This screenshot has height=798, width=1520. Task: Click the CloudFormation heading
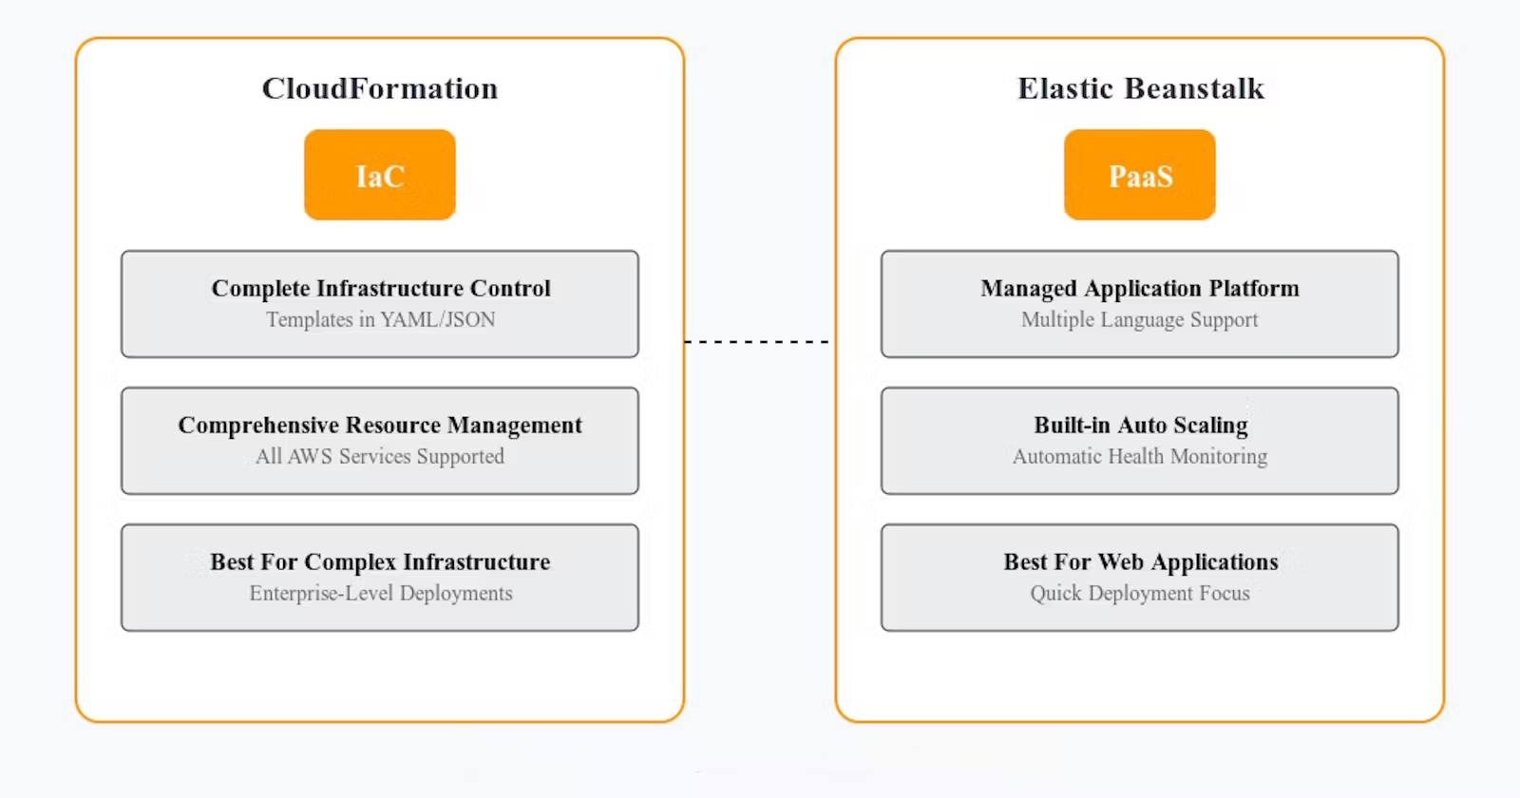point(380,89)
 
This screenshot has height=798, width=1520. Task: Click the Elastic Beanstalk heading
point(1141,89)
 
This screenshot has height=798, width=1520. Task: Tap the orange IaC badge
point(380,175)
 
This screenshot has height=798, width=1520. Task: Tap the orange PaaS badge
point(1140,175)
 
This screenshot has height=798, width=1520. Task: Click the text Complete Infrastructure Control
point(381,289)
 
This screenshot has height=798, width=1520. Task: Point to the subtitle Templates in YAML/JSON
point(381,319)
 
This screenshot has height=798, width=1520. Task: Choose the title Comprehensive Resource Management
point(380,426)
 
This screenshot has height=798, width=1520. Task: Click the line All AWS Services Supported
point(380,456)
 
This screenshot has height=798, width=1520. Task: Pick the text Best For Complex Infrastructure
point(380,561)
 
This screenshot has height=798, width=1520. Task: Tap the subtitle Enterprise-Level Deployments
point(381,593)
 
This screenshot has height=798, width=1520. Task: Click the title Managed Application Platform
point(1140,289)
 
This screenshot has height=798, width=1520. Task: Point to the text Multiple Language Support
point(1140,319)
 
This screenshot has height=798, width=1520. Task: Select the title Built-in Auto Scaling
point(1141,426)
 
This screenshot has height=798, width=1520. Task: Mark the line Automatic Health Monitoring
point(1140,456)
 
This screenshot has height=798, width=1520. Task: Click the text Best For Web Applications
point(1141,561)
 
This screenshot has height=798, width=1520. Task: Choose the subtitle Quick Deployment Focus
point(1140,593)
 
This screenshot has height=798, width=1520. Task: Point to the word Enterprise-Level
point(322,593)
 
